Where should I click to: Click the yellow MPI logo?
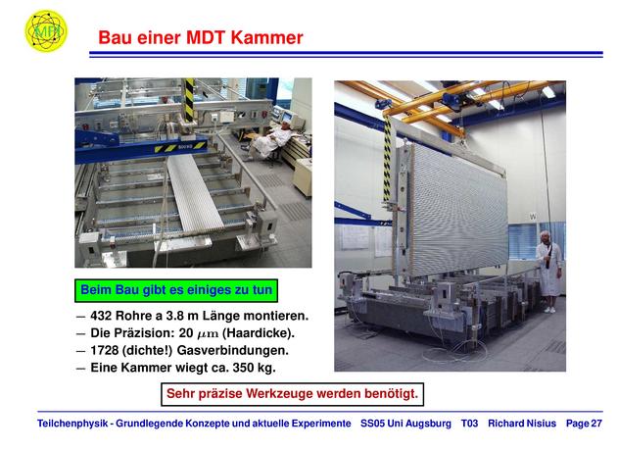point(46,30)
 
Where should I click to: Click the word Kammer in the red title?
point(266,38)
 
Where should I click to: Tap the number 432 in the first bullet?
point(101,316)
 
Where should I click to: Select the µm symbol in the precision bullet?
point(208,334)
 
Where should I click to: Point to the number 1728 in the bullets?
point(105,350)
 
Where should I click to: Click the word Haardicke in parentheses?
point(259,333)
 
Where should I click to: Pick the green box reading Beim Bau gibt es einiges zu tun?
point(176,290)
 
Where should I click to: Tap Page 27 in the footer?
point(584,424)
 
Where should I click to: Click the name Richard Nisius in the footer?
point(522,424)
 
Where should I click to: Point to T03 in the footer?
point(469,424)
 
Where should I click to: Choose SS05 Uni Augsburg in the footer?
point(405,424)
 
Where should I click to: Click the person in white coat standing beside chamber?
point(548,272)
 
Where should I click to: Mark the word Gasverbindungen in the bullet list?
point(232,350)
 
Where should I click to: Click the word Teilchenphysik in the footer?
point(72,424)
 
